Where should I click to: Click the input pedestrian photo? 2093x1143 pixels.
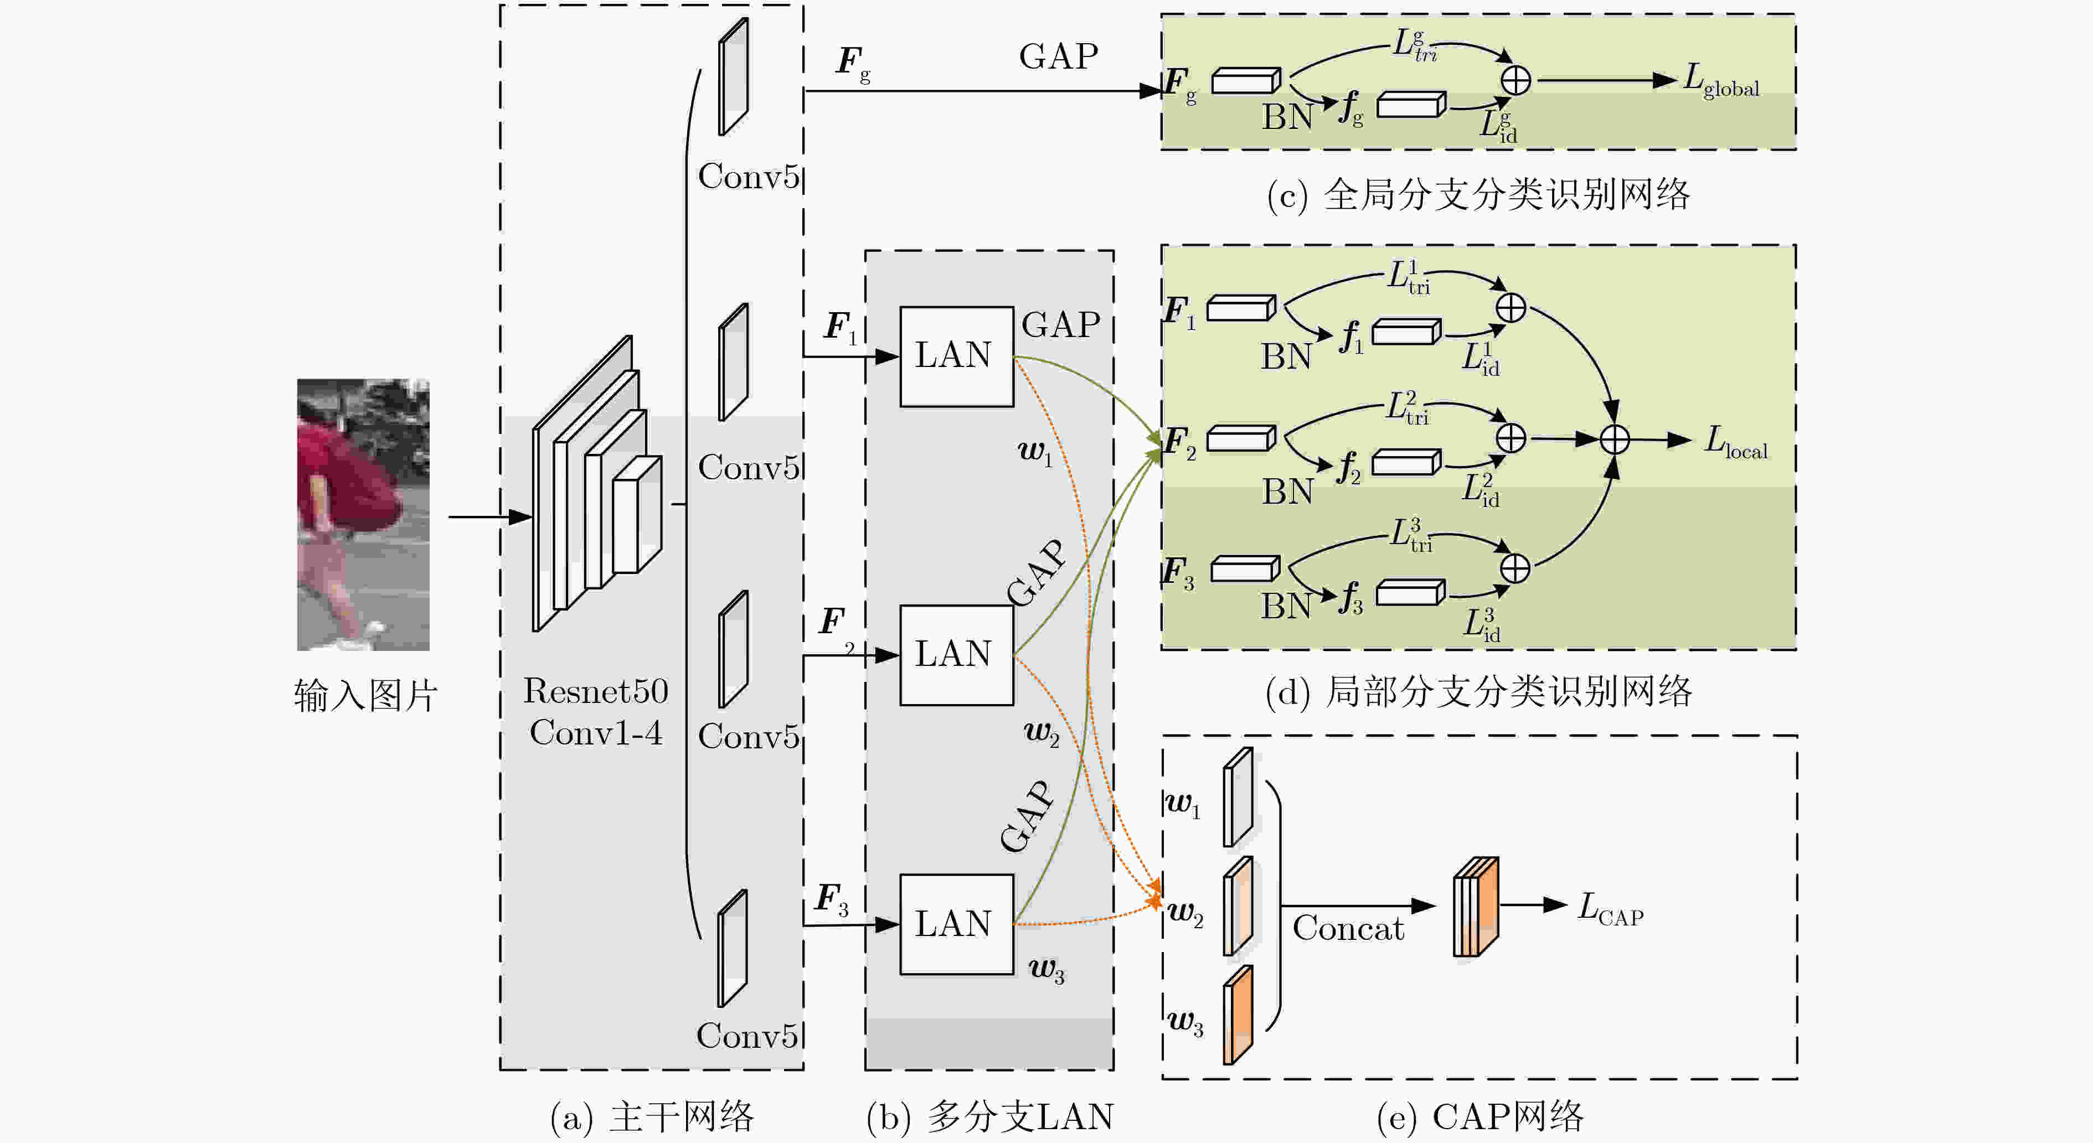363,514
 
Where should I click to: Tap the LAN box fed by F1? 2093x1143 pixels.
956,356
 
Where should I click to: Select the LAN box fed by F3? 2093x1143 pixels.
956,924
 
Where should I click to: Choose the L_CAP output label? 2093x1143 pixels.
1610,909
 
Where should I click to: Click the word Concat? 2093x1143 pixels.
1348,928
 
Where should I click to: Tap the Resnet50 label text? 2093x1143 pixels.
596,691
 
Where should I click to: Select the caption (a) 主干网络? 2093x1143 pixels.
652,1117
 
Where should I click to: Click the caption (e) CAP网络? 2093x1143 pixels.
1479,1117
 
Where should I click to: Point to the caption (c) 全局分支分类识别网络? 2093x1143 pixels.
1478,195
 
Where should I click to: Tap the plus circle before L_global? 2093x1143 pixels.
1515,80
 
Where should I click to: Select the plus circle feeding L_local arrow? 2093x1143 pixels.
1615,439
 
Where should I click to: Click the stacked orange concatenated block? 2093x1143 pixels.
1476,906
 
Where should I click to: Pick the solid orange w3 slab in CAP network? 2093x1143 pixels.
1238,1015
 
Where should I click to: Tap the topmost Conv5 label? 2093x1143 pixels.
748,176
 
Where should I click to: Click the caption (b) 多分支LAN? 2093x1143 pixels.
989,1117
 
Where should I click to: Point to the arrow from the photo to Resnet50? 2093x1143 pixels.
490,516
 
